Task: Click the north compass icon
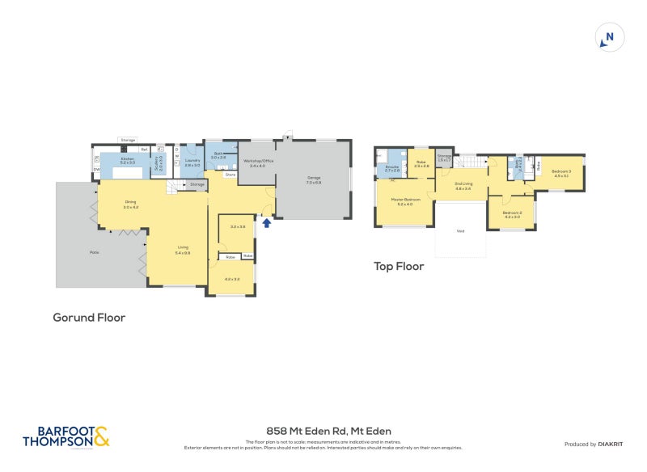(609, 37)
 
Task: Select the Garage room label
(314, 180)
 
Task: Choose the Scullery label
(159, 160)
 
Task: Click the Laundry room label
(192, 162)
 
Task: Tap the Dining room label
(131, 204)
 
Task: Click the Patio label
(95, 253)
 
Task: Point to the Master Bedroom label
(405, 201)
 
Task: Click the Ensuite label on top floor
(391, 169)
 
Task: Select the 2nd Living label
(463, 186)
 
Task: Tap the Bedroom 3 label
(561, 172)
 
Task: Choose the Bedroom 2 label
(512, 214)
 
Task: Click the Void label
(460, 231)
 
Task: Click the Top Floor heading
(399, 266)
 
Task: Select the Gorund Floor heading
(89, 318)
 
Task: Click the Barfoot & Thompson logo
(65, 436)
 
